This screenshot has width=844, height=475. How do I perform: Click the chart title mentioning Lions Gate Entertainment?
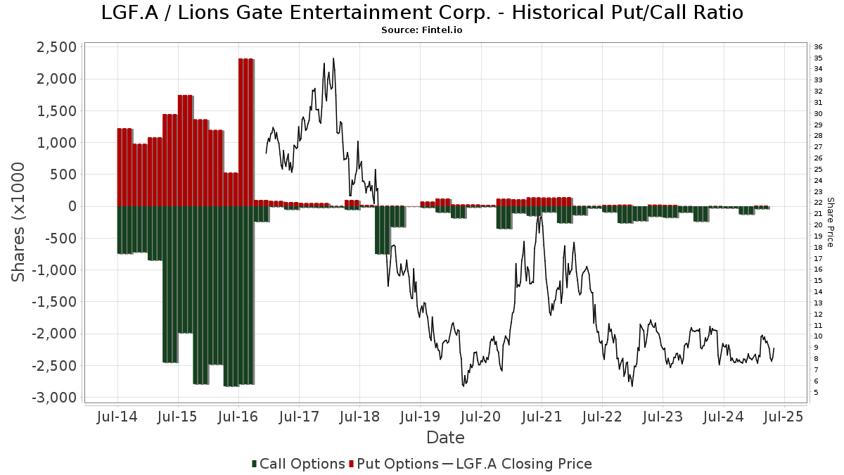[x=422, y=12]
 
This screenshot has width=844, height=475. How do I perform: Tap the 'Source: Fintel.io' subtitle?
[x=422, y=30]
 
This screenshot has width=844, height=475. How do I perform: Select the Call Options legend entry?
[x=298, y=464]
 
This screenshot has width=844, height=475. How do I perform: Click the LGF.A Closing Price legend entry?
[x=517, y=464]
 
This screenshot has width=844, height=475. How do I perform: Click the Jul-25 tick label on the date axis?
[x=784, y=417]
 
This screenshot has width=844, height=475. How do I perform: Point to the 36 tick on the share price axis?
[x=819, y=46]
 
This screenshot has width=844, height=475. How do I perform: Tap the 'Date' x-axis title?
[x=445, y=438]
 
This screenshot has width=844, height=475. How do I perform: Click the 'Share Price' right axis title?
[x=830, y=222]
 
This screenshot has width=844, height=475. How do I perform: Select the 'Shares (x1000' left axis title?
[x=19, y=222]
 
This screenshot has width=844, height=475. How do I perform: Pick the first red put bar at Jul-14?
[x=124, y=167]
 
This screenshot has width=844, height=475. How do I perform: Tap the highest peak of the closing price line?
[x=333, y=59]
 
